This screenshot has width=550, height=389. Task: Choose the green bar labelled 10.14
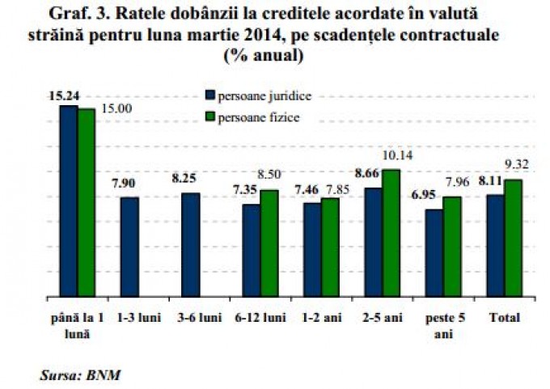(x=391, y=234)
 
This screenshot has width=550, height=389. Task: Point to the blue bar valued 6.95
(x=434, y=253)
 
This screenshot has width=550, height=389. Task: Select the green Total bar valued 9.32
(x=513, y=239)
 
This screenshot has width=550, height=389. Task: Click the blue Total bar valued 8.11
(x=495, y=246)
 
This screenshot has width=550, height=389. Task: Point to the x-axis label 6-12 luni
(x=260, y=317)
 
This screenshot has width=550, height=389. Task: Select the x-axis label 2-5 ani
(x=382, y=317)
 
